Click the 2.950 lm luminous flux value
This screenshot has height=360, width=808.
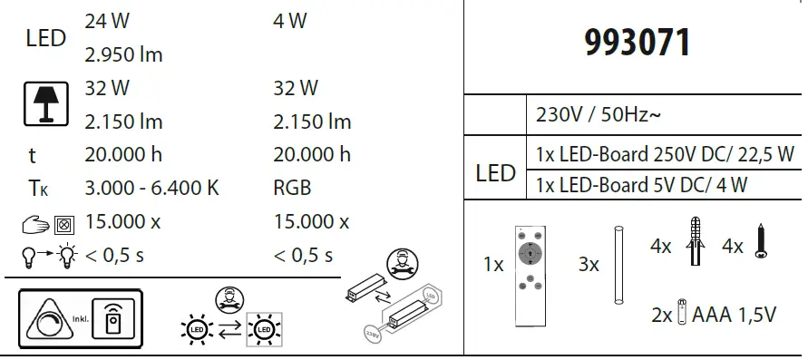123,54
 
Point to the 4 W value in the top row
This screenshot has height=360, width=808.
289,21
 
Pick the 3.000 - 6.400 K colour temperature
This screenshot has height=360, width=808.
151,189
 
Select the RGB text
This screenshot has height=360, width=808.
292,189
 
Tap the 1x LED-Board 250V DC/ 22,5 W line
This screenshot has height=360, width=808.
665,153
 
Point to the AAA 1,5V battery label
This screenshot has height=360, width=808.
734,315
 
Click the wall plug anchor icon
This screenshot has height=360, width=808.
696,242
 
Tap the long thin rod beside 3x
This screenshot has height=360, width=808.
616,264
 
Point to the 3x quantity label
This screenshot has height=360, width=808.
589,265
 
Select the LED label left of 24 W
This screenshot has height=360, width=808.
46,38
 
